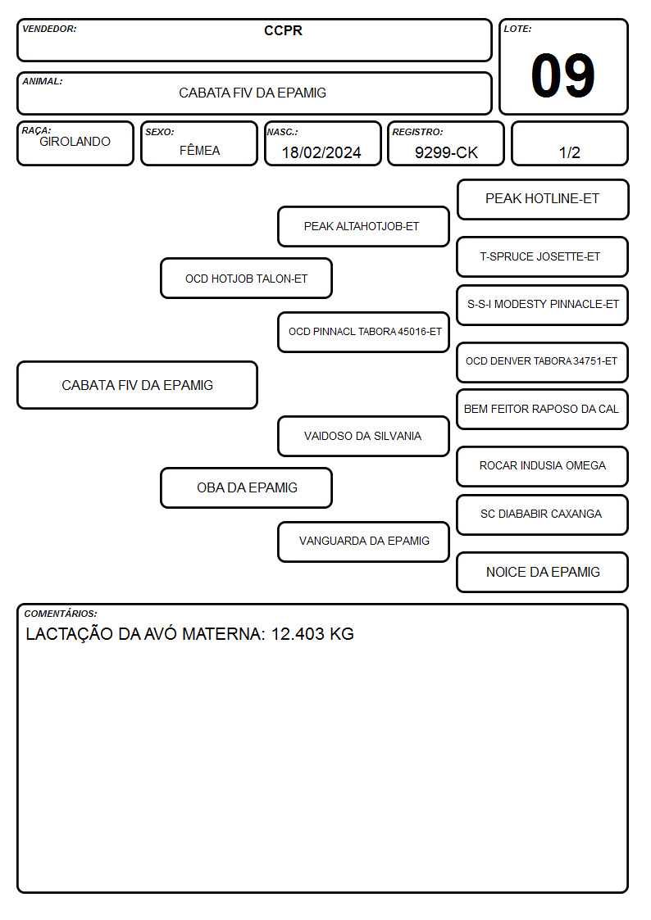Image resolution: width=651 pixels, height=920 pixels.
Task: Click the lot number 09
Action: point(562,75)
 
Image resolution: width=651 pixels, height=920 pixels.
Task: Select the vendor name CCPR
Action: point(283,30)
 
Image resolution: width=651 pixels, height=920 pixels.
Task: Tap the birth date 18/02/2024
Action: point(321,152)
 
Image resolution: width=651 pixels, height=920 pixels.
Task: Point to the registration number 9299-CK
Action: point(446,152)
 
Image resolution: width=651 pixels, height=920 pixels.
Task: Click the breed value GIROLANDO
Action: point(75,142)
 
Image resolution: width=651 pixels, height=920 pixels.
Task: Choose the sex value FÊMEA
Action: point(199,150)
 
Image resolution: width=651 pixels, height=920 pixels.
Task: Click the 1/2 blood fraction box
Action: point(569,143)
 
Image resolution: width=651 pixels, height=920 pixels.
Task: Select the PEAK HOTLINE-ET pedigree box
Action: point(543,200)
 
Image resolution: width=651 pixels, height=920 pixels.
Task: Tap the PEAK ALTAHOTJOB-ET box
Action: point(363,226)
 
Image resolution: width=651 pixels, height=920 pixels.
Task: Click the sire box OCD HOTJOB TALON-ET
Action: point(246,278)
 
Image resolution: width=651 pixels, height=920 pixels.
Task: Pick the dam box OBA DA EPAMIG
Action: point(246,487)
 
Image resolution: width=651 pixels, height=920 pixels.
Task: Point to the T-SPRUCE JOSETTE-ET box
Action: point(542,256)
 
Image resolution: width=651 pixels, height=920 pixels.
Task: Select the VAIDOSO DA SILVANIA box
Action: point(363,436)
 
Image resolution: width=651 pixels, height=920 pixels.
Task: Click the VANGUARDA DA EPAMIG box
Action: point(363,542)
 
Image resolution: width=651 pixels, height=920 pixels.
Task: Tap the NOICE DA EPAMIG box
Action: point(542,572)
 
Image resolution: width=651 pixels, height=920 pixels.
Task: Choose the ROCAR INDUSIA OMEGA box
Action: point(542,466)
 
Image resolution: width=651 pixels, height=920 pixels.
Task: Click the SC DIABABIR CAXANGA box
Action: point(542,514)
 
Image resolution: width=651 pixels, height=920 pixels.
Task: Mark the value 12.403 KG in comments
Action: point(312,634)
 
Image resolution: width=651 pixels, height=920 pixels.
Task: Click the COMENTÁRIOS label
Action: point(61,614)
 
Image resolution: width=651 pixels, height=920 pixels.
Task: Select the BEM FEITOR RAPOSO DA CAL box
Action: point(542,409)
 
